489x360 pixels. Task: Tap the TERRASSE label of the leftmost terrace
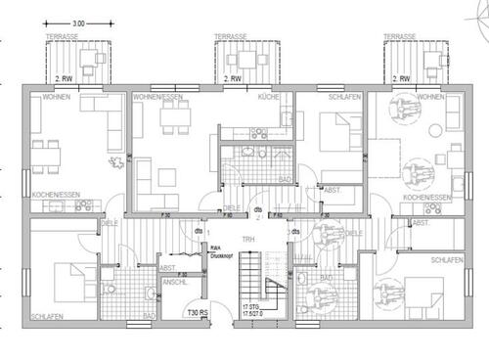[64, 38]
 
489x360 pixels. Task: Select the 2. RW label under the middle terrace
[234, 78]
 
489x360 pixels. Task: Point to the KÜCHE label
[269, 98]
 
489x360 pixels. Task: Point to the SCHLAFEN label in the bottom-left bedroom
[48, 318]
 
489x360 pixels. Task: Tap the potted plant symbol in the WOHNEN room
[115, 161]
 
